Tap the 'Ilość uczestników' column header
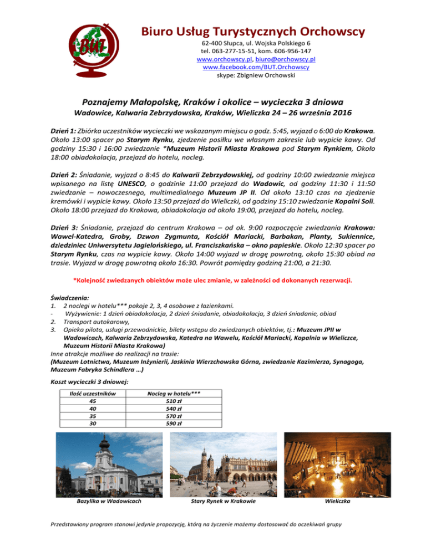tap(92, 394)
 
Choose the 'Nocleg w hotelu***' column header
tap(174, 394)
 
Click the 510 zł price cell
tap(174, 401)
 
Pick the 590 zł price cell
tap(174, 424)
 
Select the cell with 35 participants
tap(92, 416)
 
